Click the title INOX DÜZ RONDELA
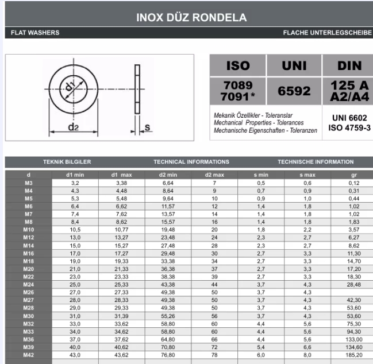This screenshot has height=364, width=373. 191,18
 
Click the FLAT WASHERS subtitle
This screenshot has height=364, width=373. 35,33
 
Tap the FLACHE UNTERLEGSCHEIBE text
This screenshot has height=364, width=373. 327,33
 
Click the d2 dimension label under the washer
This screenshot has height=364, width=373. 74,127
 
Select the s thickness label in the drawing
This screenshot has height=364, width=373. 148,126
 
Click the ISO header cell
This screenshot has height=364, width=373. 238,65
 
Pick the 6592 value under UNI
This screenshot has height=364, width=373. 294,91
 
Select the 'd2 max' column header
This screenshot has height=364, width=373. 214,175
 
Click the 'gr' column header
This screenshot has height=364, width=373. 353,175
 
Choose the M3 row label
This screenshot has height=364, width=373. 29,183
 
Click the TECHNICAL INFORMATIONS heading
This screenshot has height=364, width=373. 191,162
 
